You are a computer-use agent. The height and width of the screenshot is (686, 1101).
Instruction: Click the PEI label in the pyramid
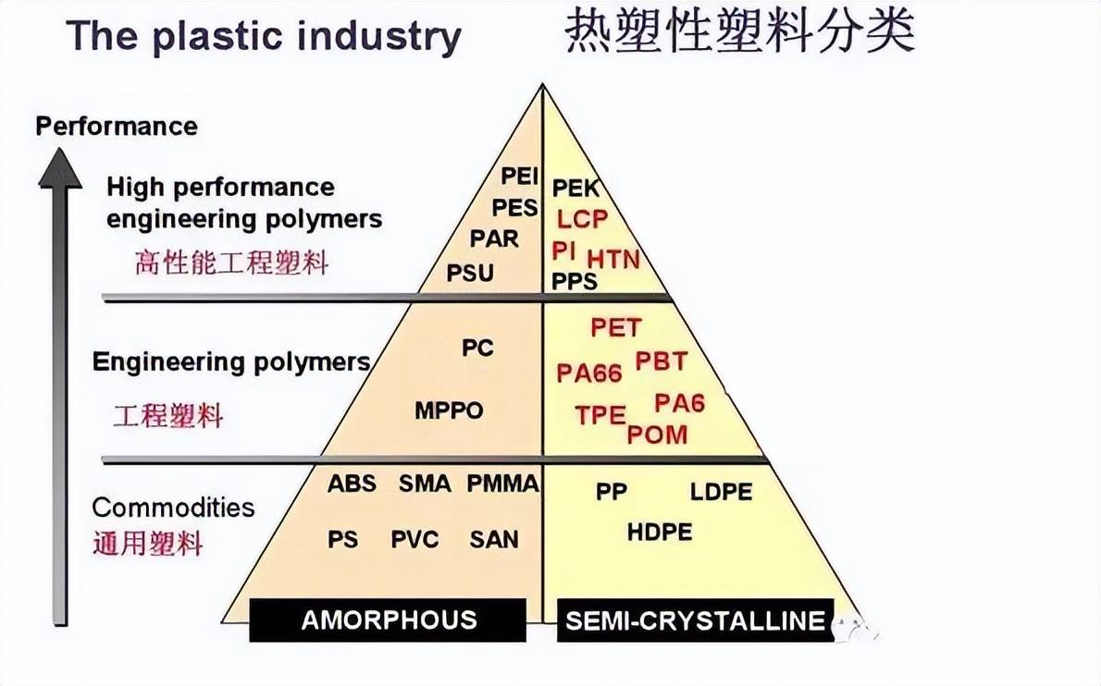pyautogui.click(x=519, y=176)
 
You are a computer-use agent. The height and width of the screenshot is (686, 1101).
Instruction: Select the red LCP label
pyautogui.click(x=582, y=219)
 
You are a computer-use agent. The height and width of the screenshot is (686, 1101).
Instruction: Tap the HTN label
pyautogui.click(x=613, y=260)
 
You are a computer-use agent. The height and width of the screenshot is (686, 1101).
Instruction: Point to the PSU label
pyautogui.click(x=470, y=273)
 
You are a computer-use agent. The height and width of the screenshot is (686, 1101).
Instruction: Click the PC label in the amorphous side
pyautogui.click(x=477, y=348)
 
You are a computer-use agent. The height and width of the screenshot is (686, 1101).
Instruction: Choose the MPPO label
pyautogui.click(x=449, y=410)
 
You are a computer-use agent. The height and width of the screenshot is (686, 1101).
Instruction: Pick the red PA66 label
pyautogui.click(x=589, y=374)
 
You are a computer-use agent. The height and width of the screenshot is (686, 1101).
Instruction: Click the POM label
pyautogui.click(x=657, y=435)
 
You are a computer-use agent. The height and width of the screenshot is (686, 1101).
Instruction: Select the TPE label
pyautogui.click(x=600, y=415)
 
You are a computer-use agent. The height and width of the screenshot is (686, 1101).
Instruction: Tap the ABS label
pyautogui.click(x=352, y=484)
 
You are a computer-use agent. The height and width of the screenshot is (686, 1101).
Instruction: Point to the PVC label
pyautogui.click(x=414, y=539)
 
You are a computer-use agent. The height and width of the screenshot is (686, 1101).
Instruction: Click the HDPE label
pyautogui.click(x=660, y=532)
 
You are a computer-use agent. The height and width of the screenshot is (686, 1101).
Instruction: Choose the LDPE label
pyautogui.click(x=721, y=492)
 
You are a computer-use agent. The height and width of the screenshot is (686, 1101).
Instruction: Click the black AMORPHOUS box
pyautogui.click(x=388, y=620)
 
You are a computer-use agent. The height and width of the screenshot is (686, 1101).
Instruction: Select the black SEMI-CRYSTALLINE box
pyautogui.click(x=695, y=620)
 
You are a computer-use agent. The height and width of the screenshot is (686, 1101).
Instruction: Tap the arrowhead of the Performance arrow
pyautogui.click(x=60, y=168)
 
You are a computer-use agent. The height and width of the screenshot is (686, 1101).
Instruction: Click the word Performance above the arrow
pyautogui.click(x=117, y=127)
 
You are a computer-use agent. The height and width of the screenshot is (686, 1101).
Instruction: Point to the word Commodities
pyautogui.click(x=173, y=508)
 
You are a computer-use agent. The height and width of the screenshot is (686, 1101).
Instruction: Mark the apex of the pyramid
pyautogui.click(x=542, y=85)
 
